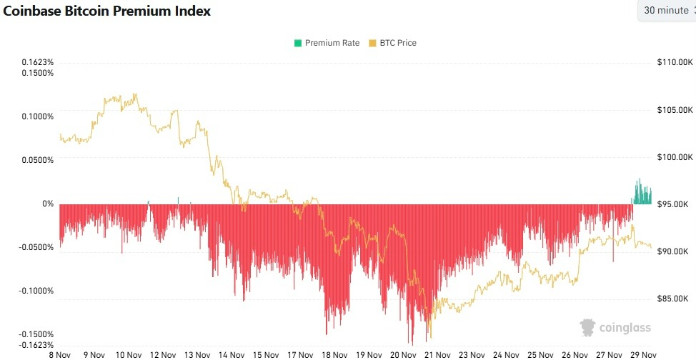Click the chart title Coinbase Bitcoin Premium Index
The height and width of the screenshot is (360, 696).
[x=107, y=12]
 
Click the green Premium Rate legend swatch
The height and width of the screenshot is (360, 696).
[x=297, y=43]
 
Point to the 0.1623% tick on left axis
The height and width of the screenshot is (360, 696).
[x=38, y=63]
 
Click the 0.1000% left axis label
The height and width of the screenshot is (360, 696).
[x=38, y=116]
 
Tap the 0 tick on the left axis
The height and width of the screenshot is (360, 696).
[x=49, y=204]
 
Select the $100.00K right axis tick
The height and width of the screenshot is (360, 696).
[x=675, y=157]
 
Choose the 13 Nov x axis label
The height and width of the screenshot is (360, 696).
[x=197, y=354]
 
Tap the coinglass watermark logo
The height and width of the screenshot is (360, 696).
[x=615, y=328]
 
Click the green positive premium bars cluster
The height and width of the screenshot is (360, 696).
[x=642, y=194]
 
